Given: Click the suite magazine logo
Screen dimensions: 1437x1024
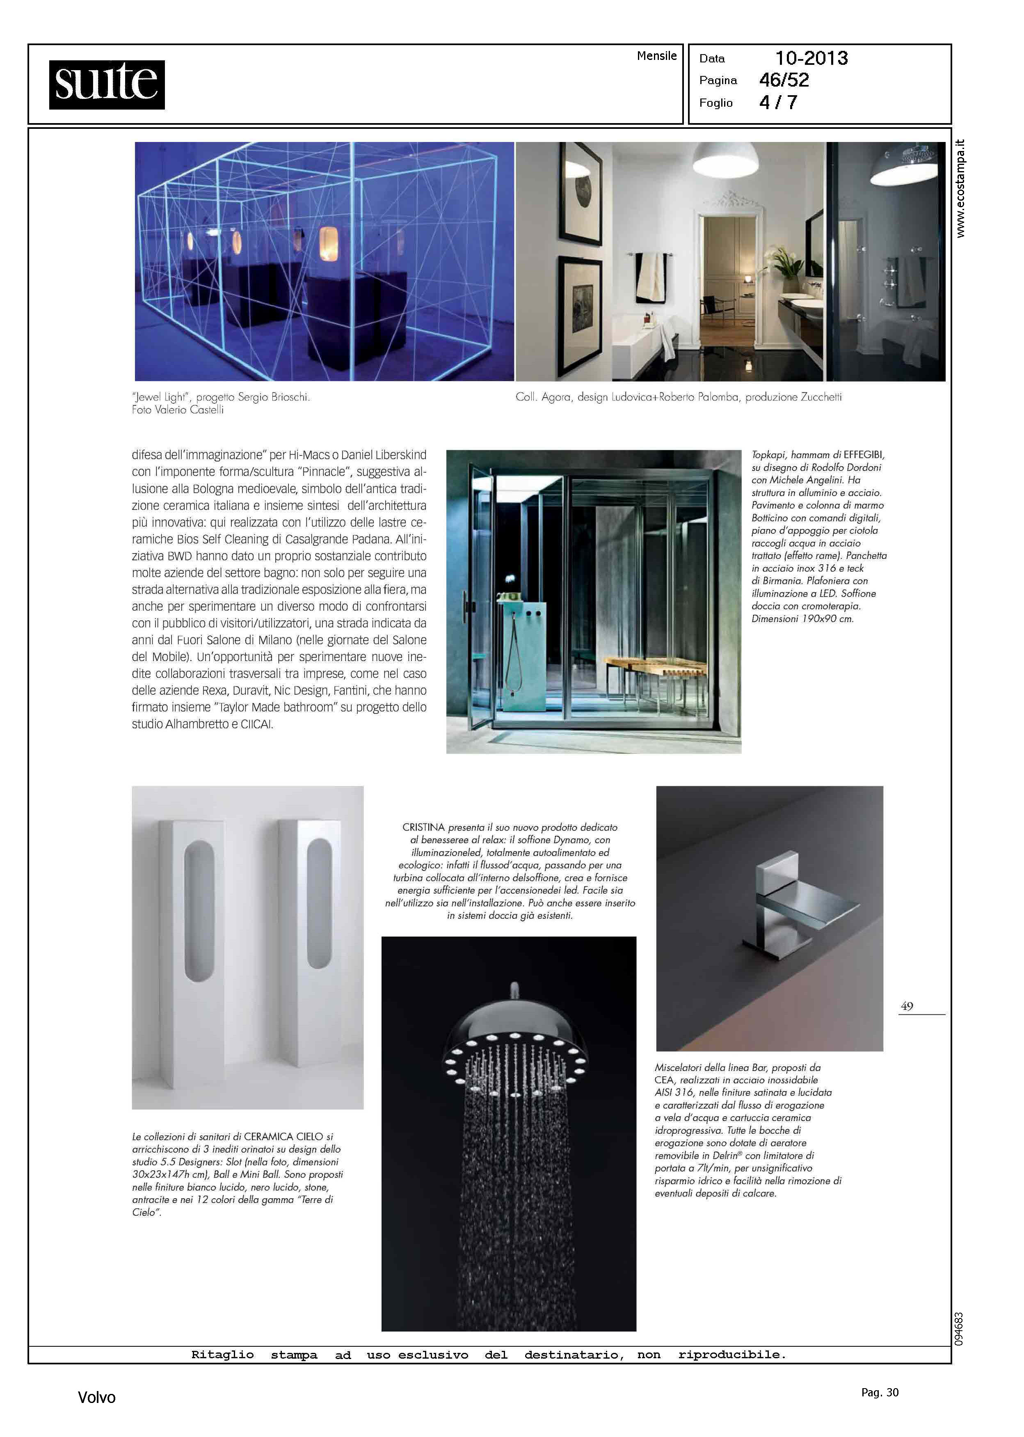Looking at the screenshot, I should (x=107, y=85).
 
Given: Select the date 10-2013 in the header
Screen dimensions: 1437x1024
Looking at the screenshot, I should (x=811, y=58).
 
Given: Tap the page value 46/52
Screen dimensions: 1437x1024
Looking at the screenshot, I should (x=784, y=80).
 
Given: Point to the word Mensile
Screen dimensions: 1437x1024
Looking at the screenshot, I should (x=656, y=55).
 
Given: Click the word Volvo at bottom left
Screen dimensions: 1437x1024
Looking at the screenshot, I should (x=96, y=1397).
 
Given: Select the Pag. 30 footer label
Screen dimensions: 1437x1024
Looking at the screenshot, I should (x=880, y=1392).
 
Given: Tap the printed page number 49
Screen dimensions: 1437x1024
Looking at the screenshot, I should (x=907, y=1006).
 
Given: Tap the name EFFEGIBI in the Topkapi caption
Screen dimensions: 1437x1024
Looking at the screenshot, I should (x=864, y=455).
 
